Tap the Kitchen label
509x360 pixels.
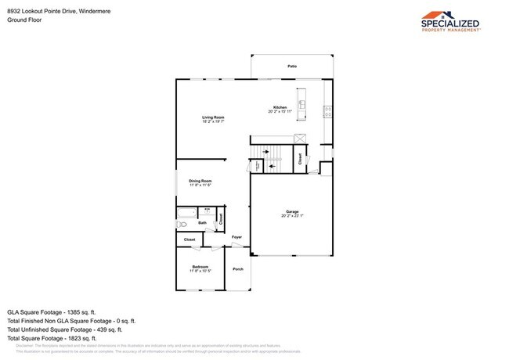coord(280,107)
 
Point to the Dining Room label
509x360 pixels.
coord(200,181)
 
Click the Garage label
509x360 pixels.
coord(292,212)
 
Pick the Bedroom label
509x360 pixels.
coord(200,267)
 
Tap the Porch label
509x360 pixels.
coord(238,269)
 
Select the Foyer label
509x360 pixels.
coord(236,237)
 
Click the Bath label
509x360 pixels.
coord(202,223)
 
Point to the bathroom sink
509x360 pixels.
coord(208,210)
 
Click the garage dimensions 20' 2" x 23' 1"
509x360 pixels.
coord(292,216)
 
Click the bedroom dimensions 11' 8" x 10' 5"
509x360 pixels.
coord(200,272)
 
